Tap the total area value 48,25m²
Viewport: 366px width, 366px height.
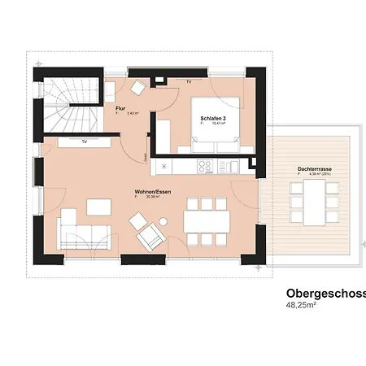point(301,307)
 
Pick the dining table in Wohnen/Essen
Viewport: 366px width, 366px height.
point(204,220)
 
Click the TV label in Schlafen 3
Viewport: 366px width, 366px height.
point(190,83)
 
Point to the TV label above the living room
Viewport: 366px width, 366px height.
point(84,142)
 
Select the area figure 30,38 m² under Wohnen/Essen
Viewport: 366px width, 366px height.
point(151,197)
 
